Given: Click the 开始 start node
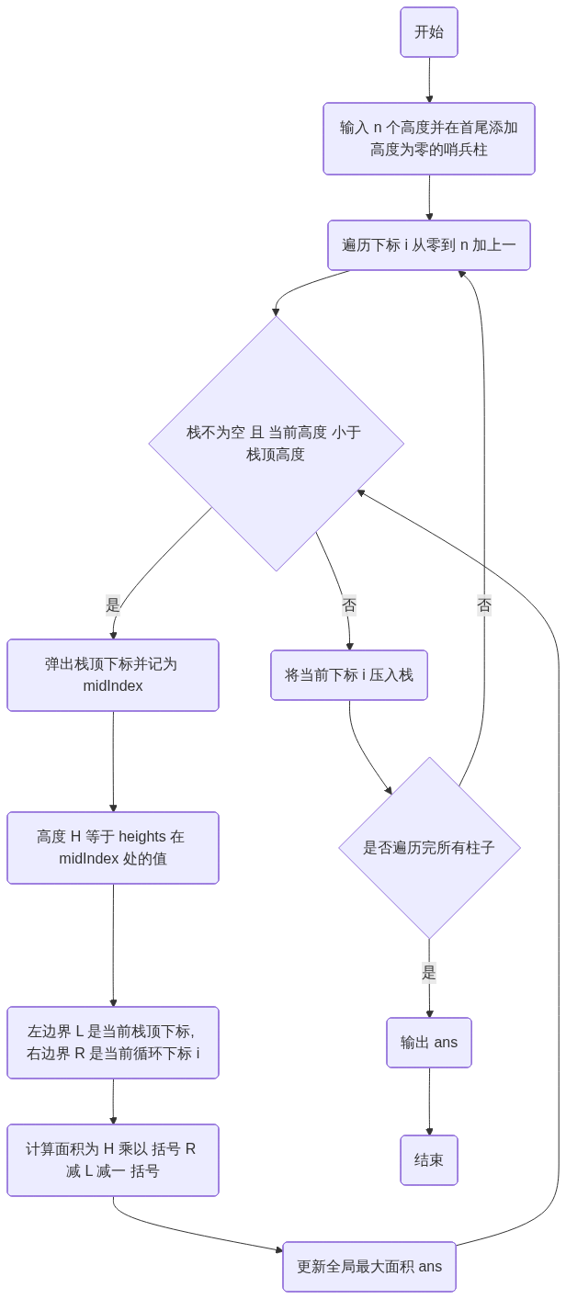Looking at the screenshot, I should pyautogui.click(x=428, y=32).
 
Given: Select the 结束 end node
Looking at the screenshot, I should pyautogui.click(x=428, y=1160).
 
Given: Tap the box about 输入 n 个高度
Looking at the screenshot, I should pyautogui.click(x=428, y=138).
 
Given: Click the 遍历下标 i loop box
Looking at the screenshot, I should pyautogui.click(x=428, y=245).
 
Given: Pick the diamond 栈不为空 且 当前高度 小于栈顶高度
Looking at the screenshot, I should pyautogui.click(x=276, y=443).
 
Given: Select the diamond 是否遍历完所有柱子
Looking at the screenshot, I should pyautogui.click(x=429, y=847).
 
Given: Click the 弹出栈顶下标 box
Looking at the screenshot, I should pyautogui.click(x=113, y=674).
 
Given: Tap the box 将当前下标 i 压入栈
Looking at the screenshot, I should pyautogui.click(x=349, y=675).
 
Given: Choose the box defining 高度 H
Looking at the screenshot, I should pyautogui.click(x=113, y=847).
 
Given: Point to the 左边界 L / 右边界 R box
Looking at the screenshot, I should pyautogui.click(x=113, y=1042).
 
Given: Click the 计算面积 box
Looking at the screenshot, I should pyautogui.click(x=113, y=1159).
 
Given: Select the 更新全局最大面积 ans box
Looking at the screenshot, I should pyautogui.click(x=368, y=1267).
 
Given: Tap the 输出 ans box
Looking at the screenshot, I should pyautogui.click(x=428, y=1043).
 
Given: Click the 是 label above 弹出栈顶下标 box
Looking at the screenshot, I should pyautogui.click(x=113, y=604).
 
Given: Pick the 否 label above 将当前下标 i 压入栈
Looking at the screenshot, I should pyautogui.click(x=349, y=604).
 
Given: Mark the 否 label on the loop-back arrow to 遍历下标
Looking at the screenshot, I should pyautogui.click(x=484, y=604).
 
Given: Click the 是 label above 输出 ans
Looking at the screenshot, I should pyautogui.click(x=429, y=972).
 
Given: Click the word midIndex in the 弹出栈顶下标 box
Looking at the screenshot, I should pyautogui.click(x=113, y=685).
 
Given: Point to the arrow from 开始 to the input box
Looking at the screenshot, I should pyautogui.click(x=429, y=80).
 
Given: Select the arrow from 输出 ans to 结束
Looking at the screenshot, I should pyautogui.click(x=429, y=1101).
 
